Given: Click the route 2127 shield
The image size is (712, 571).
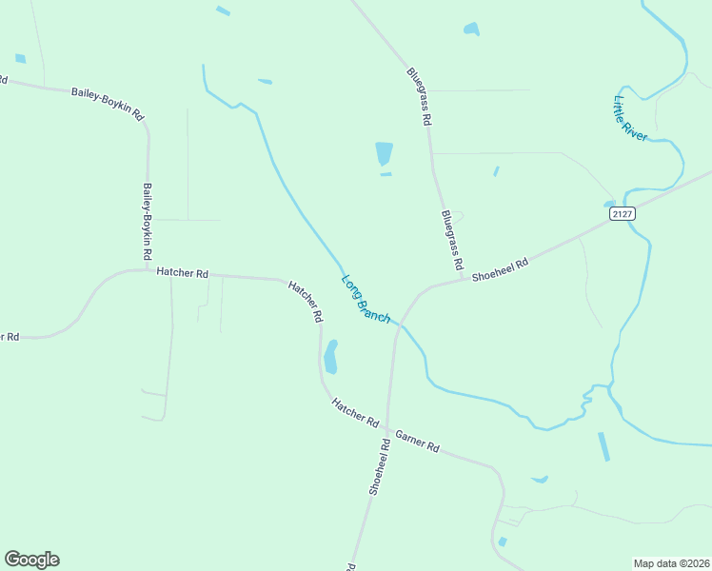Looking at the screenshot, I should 622,214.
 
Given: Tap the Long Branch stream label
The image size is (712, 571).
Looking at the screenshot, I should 366,298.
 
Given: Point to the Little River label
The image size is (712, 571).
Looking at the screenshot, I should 630,119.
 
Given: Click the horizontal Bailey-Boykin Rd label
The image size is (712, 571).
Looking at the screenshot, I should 107,103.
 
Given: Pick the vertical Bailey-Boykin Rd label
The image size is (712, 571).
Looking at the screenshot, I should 148,223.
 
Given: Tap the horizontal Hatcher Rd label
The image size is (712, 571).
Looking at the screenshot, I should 182,272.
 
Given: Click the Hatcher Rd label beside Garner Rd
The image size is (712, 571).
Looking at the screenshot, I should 356,412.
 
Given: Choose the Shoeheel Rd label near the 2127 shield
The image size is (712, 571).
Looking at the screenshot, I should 500,268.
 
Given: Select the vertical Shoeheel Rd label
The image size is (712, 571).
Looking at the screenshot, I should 379,466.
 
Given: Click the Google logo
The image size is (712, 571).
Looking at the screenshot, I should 31,560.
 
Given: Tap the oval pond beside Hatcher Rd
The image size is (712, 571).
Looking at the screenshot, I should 331,357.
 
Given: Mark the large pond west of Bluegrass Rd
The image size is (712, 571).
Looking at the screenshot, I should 384,153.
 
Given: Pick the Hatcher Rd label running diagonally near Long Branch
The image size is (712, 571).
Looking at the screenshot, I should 306,302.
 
